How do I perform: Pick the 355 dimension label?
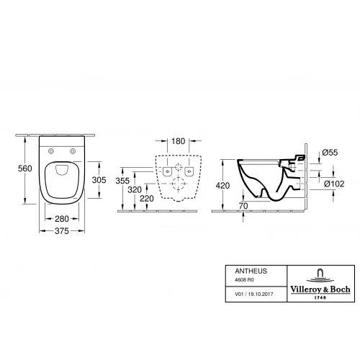tap(123, 181)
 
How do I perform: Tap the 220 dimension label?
tap(148, 198)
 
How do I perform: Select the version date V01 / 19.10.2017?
tap(245, 294)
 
